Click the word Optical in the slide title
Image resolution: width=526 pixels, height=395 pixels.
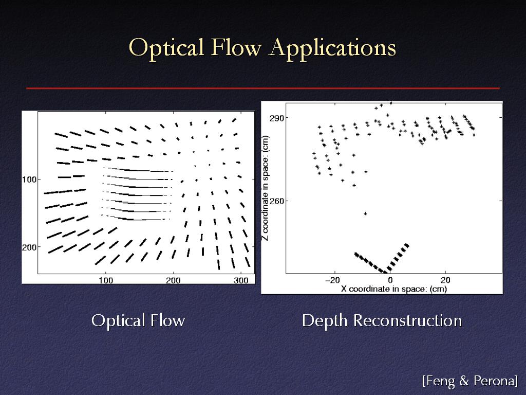[x=166, y=48]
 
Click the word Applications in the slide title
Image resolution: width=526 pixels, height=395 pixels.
[x=332, y=48]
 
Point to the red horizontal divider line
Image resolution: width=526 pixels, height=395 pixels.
[x=263, y=88]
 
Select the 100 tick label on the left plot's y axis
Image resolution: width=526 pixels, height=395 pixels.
[x=29, y=179]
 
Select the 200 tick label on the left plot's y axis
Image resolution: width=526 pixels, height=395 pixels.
[x=29, y=247]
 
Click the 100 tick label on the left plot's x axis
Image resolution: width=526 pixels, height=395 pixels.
[x=106, y=280]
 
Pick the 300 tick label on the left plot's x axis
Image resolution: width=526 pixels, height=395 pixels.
[x=241, y=280]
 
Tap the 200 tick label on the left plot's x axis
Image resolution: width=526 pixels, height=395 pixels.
[x=173, y=280]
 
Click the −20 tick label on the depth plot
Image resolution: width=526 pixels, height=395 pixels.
[x=333, y=280]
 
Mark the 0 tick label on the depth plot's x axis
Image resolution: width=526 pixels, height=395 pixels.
[x=390, y=280]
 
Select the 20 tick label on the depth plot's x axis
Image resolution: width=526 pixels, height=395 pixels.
[x=445, y=280]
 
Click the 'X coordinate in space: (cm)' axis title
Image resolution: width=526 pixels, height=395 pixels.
[x=394, y=289]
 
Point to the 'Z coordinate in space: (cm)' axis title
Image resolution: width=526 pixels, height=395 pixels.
[x=266, y=188]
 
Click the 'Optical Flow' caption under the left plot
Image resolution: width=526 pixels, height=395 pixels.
[x=138, y=320]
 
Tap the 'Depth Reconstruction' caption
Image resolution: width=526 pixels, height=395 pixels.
[x=382, y=320]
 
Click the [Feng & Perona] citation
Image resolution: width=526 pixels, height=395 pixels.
[x=470, y=381]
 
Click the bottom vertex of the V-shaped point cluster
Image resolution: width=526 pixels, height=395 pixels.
[x=386, y=271]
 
